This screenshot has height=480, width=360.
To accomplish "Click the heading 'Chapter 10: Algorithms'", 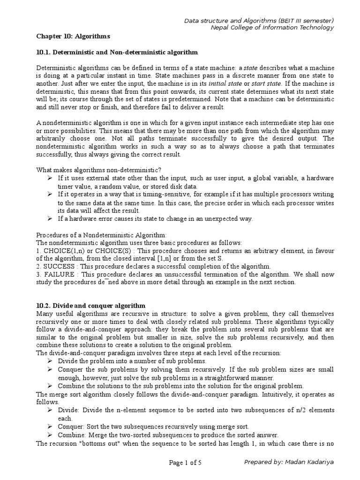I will tap(73, 36).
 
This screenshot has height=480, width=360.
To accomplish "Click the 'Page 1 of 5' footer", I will tap(186, 463).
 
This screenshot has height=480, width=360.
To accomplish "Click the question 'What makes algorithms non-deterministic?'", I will tap(101, 169).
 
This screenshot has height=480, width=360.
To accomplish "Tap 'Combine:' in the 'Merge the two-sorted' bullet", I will tap(71, 435).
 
